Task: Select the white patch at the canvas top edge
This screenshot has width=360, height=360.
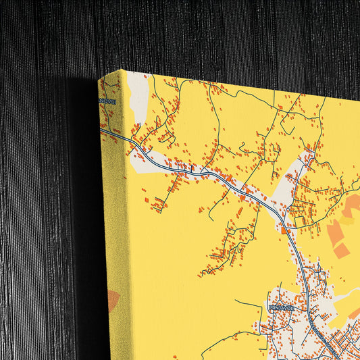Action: pyautogui.click(x=138, y=95)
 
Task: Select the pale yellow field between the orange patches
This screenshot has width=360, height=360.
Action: pyautogui.click(x=345, y=220)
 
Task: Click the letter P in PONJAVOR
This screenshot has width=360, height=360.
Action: pyautogui.click(x=270, y=307)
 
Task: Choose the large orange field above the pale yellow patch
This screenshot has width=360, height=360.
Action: pyautogui.click(x=351, y=205)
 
